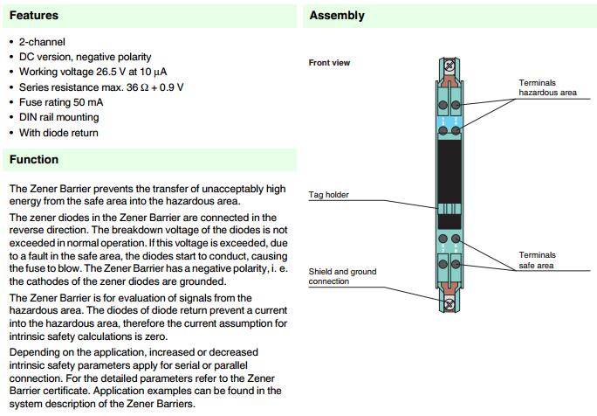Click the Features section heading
(x=34, y=16)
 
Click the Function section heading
(x=34, y=160)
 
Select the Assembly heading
(x=337, y=16)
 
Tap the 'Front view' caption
(x=329, y=63)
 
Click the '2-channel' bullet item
(x=42, y=42)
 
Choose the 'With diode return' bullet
(x=58, y=133)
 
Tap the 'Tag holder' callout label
(x=329, y=195)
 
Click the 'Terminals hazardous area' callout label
(x=547, y=87)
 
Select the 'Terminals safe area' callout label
(x=537, y=260)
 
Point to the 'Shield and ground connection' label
(x=342, y=276)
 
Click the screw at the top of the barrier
(x=450, y=64)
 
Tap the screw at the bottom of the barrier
(x=450, y=304)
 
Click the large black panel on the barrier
(x=450, y=171)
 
